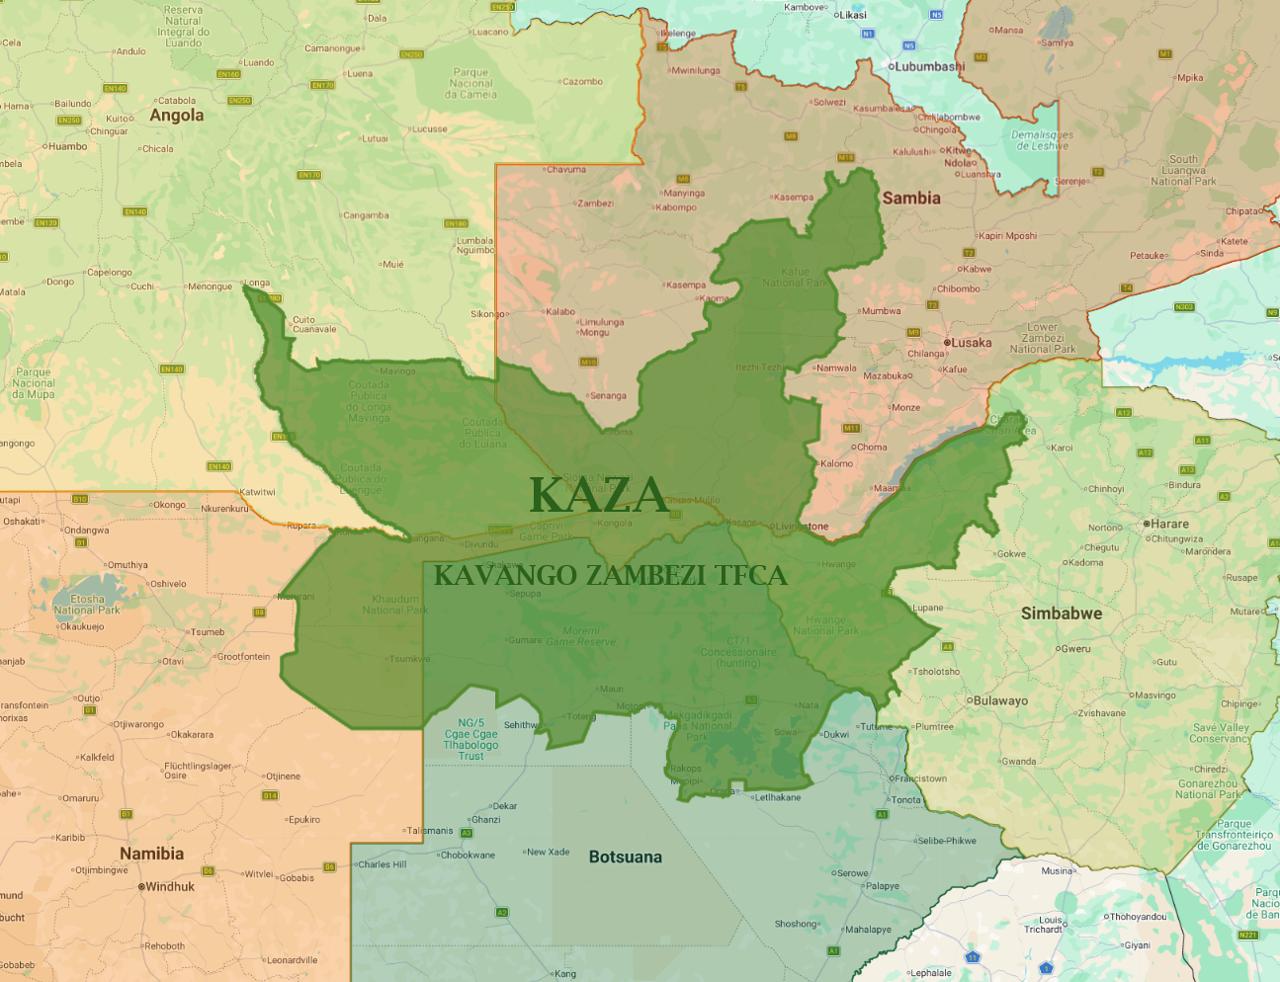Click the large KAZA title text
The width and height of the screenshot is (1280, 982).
[599, 495]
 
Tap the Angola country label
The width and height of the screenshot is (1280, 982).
[177, 116]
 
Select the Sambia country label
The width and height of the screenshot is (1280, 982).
[910, 199]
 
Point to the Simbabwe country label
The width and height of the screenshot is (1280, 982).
[1061, 614]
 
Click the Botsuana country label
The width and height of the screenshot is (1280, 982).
[625, 858]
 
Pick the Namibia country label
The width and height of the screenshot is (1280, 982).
[151, 854]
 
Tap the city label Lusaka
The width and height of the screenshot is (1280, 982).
[971, 343]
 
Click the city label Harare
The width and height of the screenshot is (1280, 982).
[1169, 524]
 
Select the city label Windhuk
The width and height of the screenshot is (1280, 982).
[170, 887]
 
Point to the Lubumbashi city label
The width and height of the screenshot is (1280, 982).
[929, 67]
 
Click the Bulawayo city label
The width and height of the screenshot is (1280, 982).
[1000, 701]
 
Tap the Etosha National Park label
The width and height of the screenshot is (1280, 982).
[87, 605]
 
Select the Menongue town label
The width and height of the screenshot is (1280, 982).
[210, 286]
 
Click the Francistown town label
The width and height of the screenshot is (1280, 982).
[921, 778]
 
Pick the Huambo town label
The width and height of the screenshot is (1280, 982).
[67, 147]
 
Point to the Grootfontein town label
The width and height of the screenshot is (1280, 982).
[243, 657]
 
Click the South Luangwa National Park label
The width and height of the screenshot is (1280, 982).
[1183, 170]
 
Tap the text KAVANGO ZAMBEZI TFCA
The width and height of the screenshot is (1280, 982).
[610, 576]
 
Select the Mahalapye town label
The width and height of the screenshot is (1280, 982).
[868, 930]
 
